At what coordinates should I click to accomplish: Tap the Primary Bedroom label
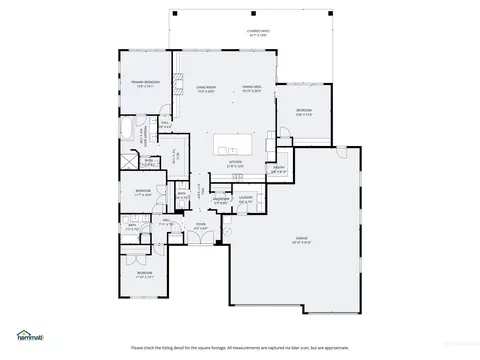click(x=145, y=83)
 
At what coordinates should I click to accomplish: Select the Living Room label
click(x=208, y=89)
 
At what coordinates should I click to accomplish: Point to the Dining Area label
click(x=252, y=89)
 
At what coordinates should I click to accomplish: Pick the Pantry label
click(x=280, y=170)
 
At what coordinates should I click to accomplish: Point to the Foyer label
click(x=201, y=226)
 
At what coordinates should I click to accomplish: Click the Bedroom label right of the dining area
click(x=303, y=111)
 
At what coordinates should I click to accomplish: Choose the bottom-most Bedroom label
click(x=145, y=273)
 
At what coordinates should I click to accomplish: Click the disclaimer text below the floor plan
click(x=240, y=347)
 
